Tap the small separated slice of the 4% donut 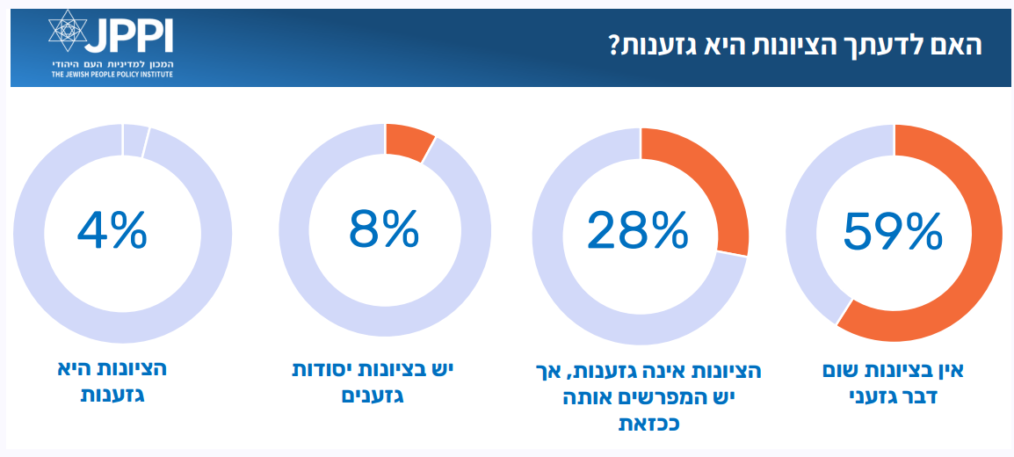coord(134,139)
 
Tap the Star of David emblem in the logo coord(67,32)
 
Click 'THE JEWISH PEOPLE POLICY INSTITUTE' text coord(112,75)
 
